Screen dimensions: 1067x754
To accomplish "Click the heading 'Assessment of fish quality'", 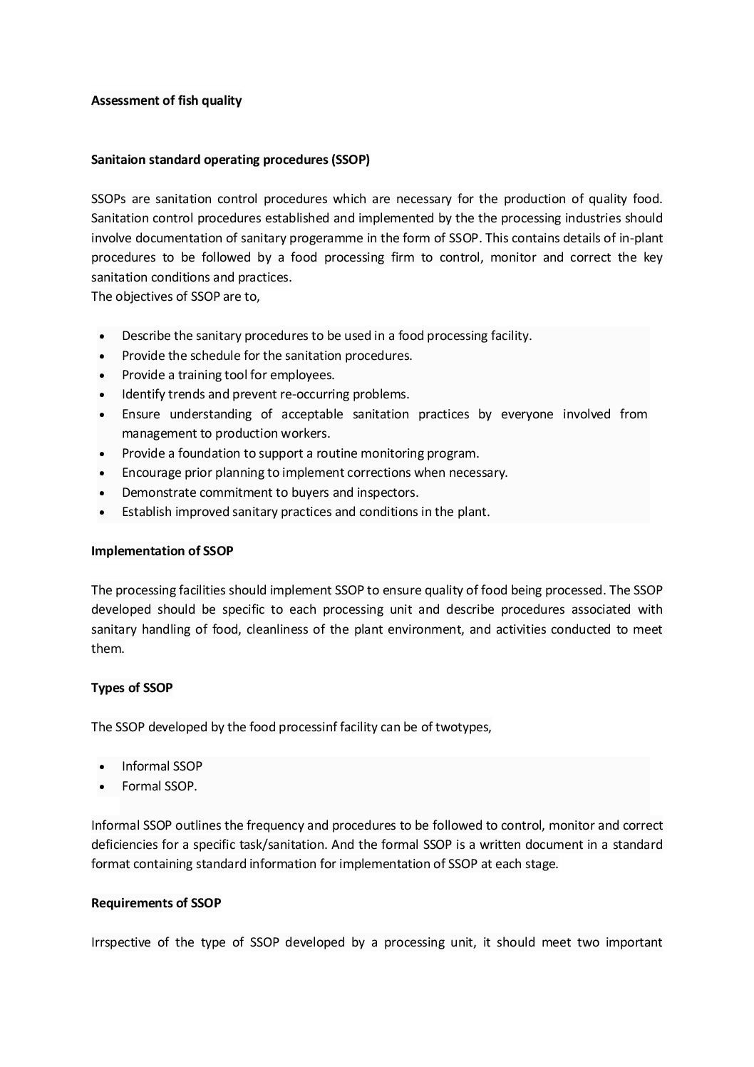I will (x=166, y=100).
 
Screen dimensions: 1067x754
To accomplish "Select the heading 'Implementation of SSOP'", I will (x=162, y=551).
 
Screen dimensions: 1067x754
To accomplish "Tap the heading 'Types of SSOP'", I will (x=132, y=688).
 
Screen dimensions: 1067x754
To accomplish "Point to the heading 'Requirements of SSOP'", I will (x=156, y=903).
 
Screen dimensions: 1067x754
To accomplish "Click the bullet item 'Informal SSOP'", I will (x=162, y=766).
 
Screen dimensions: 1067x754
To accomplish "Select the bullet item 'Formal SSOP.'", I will (x=160, y=786).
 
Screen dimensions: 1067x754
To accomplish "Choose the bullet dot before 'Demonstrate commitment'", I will (x=104, y=493).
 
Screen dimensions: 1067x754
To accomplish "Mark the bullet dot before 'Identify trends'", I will (x=104, y=395).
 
